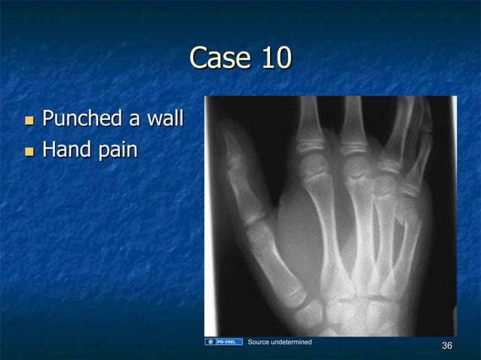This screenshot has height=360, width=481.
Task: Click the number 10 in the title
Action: tap(274, 58)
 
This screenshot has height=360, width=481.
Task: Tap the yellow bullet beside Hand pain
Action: tap(29, 151)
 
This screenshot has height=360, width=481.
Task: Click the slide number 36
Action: tap(447, 346)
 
